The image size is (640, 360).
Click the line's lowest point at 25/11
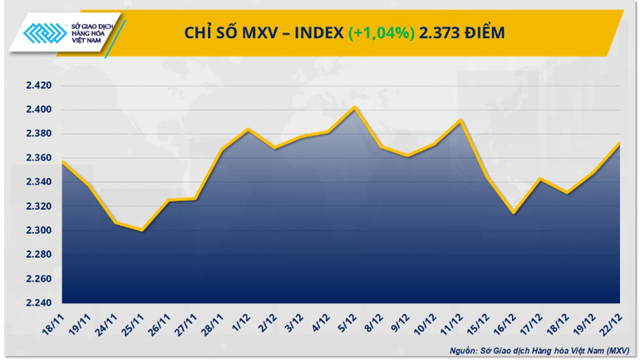[142, 230]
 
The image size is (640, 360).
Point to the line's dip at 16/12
[514, 213]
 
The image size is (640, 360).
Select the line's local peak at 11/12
[461, 121]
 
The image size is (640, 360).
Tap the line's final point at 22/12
[620, 143]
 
